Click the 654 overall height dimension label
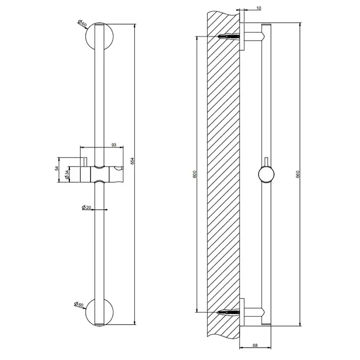pyautogui.click(x=132, y=161)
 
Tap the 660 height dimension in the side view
pyautogui.click(x=298, y=174)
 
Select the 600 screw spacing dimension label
pyautogui.click(x=195, y=174)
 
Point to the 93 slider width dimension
pyautogui.click(x=114, y=145)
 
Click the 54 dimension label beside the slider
pyautogui.click(x=57, y=168)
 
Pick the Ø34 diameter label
pyautogui.click(x=66, y=174)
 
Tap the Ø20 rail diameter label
pyautogui.click(x=86, y=207)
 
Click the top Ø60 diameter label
pyautogui.click(x=82, y=23)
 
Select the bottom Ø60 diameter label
pyautogui.click(x=79, y=304)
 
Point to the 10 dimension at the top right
pyautogui.click(x=259, y=8)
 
